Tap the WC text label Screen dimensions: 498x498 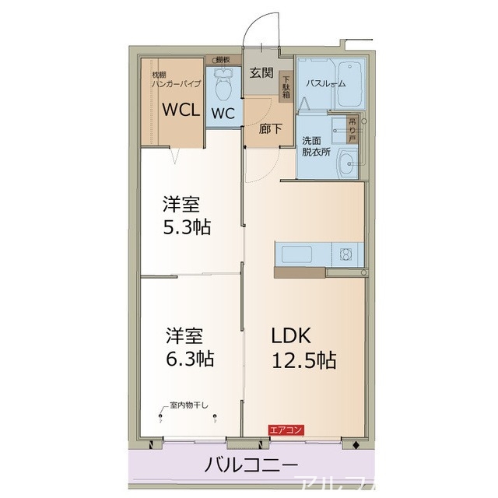pos(223,114)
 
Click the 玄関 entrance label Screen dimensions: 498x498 pos(260,74)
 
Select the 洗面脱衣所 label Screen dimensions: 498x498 pos(316,146)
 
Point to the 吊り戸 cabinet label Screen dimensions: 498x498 pos(352,128)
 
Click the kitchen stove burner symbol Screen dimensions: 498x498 pos(344,254)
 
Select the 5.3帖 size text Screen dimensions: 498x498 pos(187,228)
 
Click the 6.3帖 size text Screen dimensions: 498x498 pos(188,359)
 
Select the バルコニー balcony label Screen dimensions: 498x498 pos(251,465)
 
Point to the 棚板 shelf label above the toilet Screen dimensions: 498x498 pos(223,58)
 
